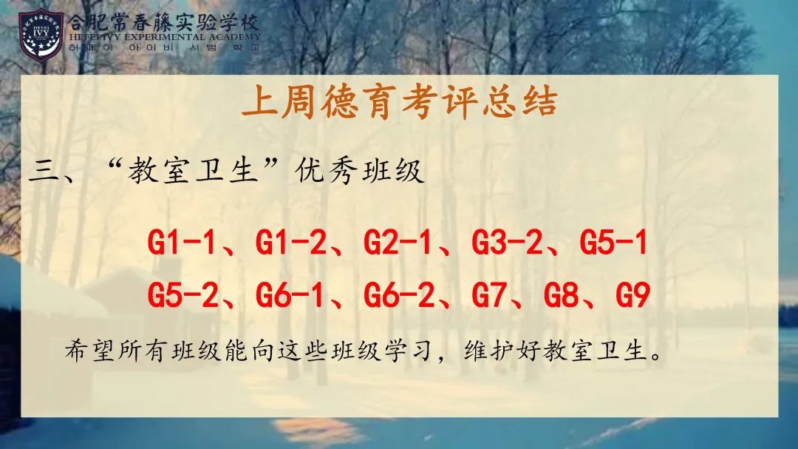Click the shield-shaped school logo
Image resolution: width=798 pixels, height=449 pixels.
(41, 35)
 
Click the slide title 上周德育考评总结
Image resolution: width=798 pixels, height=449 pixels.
(400, 102)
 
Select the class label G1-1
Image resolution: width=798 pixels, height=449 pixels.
(181, 243)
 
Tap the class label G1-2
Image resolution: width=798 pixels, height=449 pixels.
(290, 243)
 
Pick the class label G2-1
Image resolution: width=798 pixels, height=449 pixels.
(398, 243)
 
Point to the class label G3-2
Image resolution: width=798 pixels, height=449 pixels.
(507, 243)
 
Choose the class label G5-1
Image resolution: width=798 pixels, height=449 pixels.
(613, 243)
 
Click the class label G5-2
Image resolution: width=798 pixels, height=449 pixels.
(183, 295)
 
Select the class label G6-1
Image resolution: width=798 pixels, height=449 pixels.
(289, 295)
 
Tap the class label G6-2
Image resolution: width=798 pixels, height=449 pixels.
(399, 295)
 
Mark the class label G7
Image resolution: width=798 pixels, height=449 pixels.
(489, 295)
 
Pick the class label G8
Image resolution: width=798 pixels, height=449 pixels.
(561, 295)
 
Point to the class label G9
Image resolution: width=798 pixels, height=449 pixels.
(633, 295)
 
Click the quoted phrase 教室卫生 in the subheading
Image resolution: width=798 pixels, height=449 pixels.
(194, 170)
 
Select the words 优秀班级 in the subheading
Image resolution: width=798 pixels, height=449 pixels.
(359, 170)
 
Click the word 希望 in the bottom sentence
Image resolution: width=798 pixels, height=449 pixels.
(89, 351)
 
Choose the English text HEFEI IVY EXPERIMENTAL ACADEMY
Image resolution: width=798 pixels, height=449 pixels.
(164, 37)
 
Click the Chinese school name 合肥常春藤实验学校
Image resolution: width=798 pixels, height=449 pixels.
(163, 22)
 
